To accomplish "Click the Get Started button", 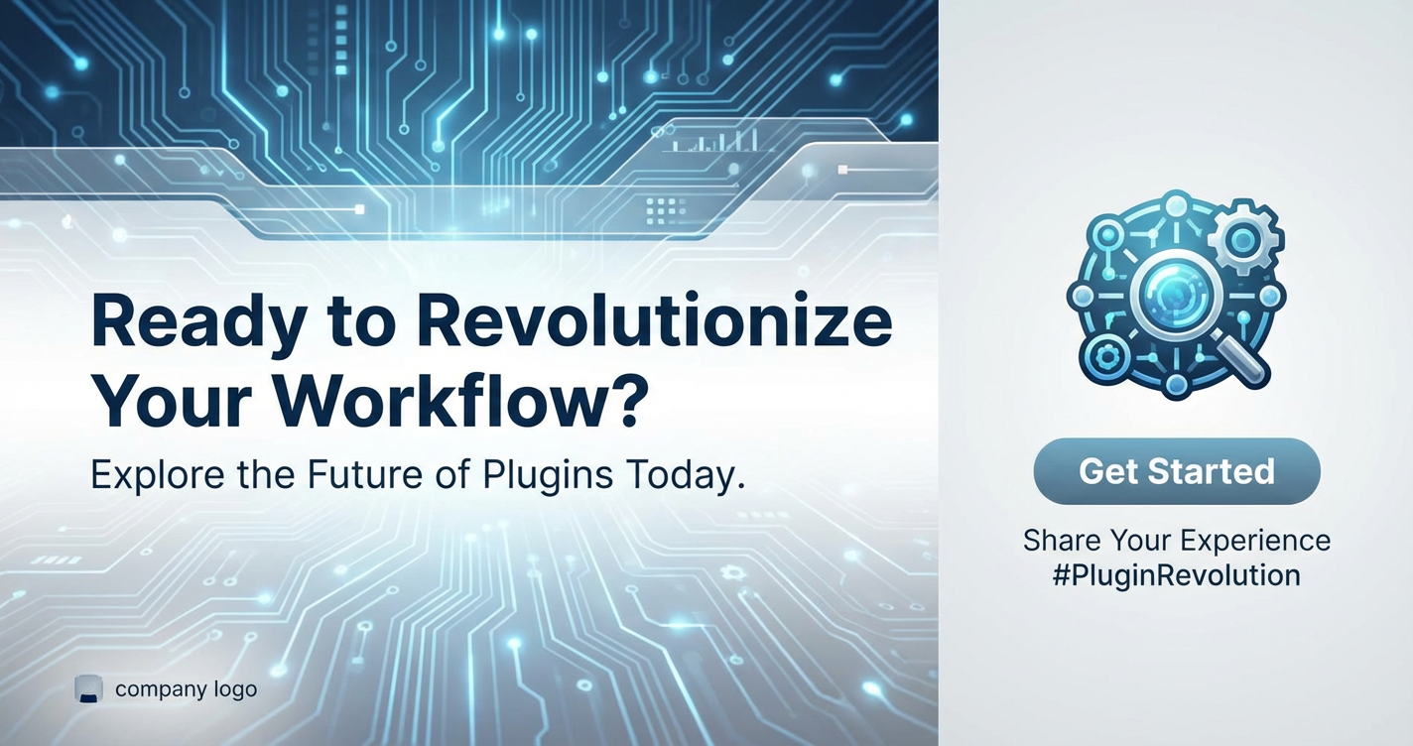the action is point(1177,471).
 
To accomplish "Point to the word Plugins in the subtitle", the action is point(548,476).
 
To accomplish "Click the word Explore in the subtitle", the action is point(158,476).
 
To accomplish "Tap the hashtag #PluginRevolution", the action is point(1177,575).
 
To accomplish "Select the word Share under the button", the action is point(1062,540).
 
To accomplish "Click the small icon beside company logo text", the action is point(88,689).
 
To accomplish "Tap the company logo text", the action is point(187,689).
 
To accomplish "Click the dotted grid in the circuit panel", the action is point(666,210).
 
